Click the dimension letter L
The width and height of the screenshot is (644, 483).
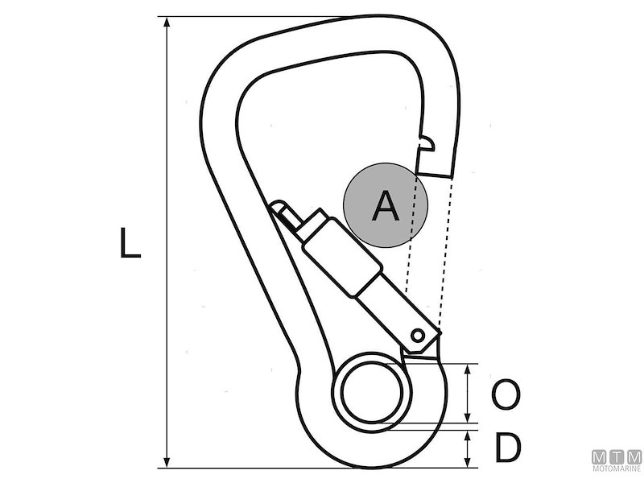[x=130, y=243]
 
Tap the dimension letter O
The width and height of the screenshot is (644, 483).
[x=505, y=396]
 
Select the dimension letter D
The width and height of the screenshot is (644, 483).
[x=506, y=449]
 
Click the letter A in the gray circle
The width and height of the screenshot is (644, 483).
[x=386, y=206]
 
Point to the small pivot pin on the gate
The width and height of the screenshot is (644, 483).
[x=418, y=334]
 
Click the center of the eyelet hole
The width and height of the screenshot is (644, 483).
[x=372, y=393]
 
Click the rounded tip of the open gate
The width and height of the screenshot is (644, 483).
[x=278, y=208]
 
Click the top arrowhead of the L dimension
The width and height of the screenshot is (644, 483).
[x=167, y=23]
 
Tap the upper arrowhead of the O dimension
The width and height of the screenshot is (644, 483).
[x=468, y=369]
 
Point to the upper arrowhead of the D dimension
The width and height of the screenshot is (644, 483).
[x=468, y=435]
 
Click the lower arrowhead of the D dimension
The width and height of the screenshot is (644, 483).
[x=468, y=464]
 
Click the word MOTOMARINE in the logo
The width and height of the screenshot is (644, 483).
[x=617, y=468]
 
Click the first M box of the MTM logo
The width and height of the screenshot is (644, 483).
[x=600, y=456]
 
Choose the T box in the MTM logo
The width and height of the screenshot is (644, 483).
[x=617, y=456]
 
